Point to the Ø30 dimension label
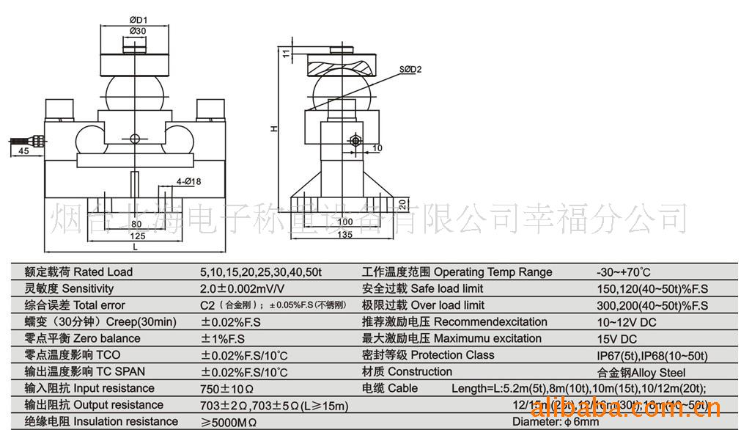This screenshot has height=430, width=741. tap(139, 31)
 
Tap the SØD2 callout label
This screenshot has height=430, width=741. tap(410, 70)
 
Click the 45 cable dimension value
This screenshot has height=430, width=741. tap(23, 150)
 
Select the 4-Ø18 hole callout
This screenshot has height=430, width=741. tap(188, 181)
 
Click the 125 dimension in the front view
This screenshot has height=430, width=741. tap(136, 236)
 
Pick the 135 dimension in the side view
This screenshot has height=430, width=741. tap(344, 234)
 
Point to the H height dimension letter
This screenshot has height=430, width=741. tap(273, 128)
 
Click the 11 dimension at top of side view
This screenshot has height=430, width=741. tap(286, 53)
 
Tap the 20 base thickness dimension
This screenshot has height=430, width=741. tap(402, 203)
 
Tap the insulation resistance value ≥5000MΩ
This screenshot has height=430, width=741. tap(229, 422)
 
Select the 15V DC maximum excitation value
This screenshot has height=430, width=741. tap(616, 338)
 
